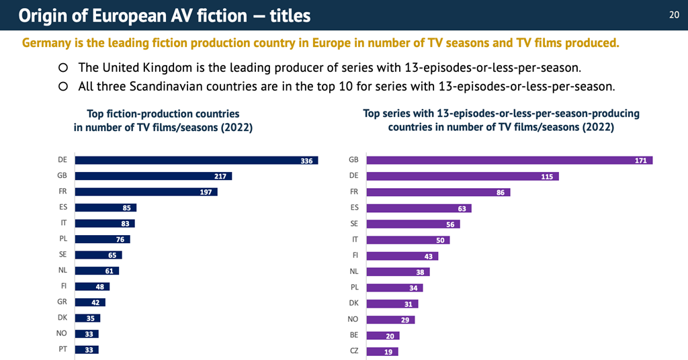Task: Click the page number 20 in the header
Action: click(x=674, y=15)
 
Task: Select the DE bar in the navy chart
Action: click(x=196, y=161)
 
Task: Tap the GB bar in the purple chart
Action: click(x=509, y=160)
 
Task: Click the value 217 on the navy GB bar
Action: click(x=220, y=176)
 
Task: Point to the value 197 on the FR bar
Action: click(x=206, y=192)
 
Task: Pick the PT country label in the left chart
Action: click(x=62, y=349)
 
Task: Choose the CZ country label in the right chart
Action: click(x=353, y=351)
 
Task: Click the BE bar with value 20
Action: click(x=383, y=335)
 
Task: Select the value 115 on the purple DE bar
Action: click(x=546, y=177)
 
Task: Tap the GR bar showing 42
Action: click(x=90, y=302)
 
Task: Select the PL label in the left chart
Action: click(x=62, y=239)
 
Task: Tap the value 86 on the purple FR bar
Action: click(x=499, y=192)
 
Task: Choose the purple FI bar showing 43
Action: click(x=402, y=256)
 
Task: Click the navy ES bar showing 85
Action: click(x=105, y=208)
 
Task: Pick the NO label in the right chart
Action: click(x=353, y=319)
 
